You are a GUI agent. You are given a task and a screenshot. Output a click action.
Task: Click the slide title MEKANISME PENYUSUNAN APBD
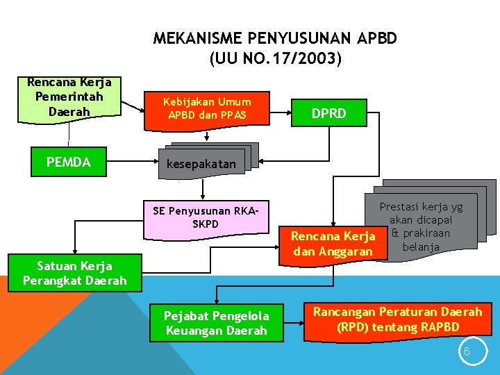tap(275, 38)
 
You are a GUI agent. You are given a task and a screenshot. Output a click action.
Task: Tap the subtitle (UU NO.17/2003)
tap(275, 60)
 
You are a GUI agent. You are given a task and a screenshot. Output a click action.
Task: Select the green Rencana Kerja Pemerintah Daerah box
tap(69, 99)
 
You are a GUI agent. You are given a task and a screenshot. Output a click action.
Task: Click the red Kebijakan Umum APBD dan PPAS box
tap(207, 109)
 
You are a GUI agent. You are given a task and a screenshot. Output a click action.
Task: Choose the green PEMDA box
tap(69, 162)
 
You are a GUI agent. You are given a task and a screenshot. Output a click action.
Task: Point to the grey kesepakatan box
tap(201, 165)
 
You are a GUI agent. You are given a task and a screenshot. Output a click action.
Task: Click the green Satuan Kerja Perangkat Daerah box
tap(74, 273)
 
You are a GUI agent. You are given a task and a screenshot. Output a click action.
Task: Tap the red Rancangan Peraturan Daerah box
tap(397, 319)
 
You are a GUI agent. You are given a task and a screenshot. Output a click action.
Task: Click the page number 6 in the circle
tap(467, 352)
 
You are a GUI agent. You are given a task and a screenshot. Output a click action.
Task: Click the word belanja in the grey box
tap(421, 247)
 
